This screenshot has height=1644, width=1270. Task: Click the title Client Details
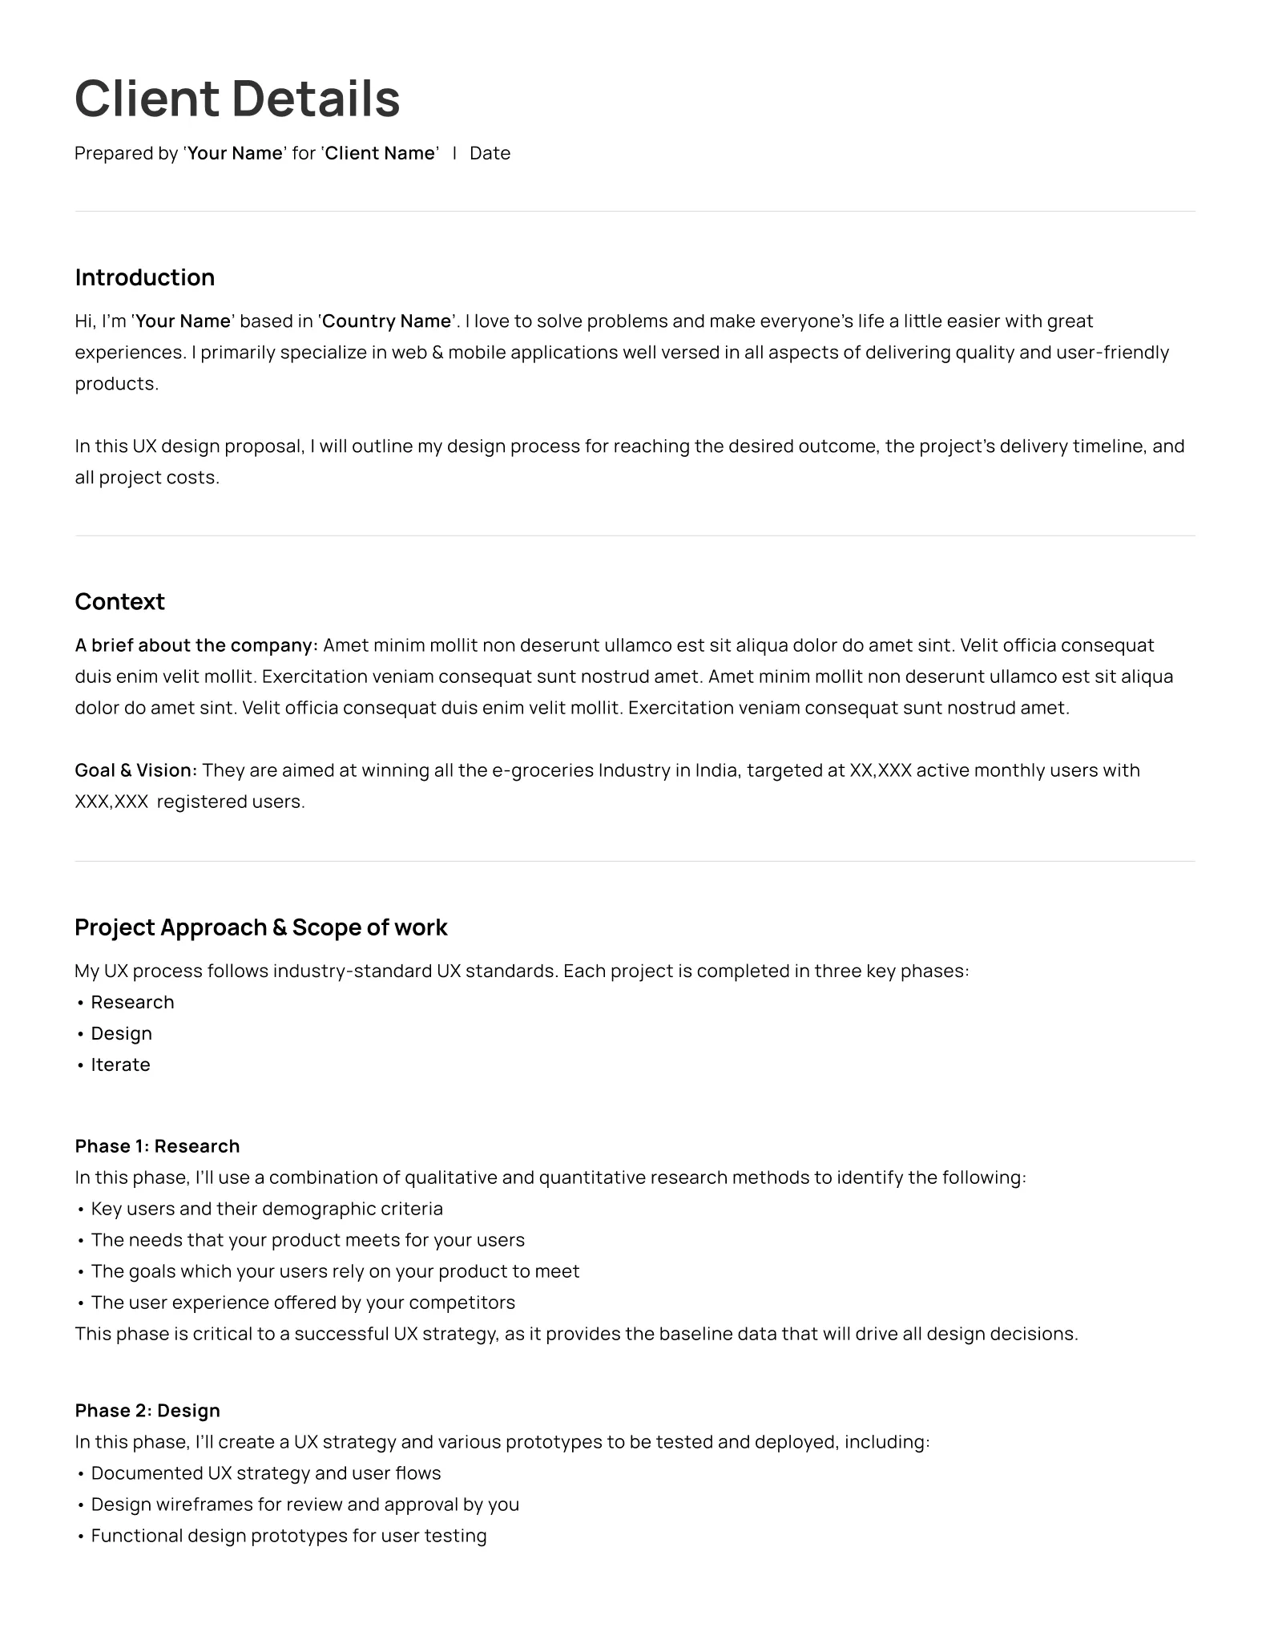point(237,99)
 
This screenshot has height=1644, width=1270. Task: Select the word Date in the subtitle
point(490,153)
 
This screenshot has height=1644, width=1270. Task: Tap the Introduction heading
point(145,277)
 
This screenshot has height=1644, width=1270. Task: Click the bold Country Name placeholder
point(387,321)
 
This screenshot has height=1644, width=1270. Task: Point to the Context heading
point(119,602)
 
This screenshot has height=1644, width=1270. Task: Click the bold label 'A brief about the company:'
point(196,645)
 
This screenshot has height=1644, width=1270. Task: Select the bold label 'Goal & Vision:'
point(135,770)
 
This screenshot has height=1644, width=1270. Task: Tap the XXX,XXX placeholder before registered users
point(111,802)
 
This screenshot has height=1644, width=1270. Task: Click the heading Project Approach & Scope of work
point(260,927)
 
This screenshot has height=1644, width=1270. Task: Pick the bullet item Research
point(132,1002)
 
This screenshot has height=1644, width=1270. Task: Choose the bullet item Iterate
point(120,1064)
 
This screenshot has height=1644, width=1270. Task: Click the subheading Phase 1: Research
point(157,1146)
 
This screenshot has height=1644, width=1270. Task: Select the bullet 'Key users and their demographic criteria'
point(267,1209)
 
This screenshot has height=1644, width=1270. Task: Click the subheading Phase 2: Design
point(147,1411)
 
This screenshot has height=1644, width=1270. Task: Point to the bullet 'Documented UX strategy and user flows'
point(266,1473)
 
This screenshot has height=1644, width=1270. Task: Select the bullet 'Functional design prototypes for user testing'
point(288,1536)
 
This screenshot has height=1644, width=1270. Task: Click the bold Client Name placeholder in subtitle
point(380,153)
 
